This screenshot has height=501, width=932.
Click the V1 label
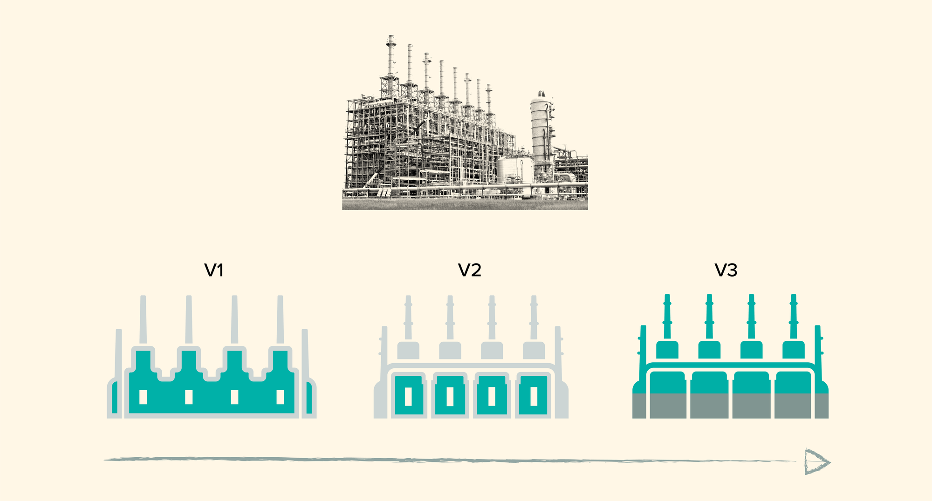pos(214,270)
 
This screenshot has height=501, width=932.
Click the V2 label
pos(469,270)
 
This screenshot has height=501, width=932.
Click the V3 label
pos(726,270)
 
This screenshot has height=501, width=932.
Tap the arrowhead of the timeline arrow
pos(816,462)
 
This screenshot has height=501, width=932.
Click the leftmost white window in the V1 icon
pos(143,397)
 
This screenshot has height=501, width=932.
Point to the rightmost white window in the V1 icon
pos(280,397)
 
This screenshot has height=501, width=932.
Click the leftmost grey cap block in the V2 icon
pos(408,350)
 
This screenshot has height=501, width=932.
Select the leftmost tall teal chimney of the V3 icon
pos(667,317)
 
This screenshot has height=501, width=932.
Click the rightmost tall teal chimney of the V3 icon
pos(794,317)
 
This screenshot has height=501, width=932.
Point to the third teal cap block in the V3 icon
pos(751,350)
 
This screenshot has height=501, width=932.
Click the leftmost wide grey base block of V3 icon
pos(668,406)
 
